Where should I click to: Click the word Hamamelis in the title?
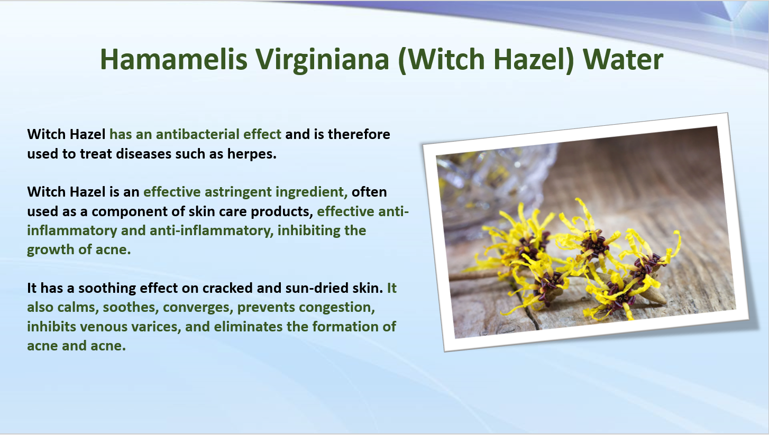click(173, 59)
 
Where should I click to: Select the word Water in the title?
click(622, 59)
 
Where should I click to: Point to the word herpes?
click(252, 154)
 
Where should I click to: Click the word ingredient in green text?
click(312, 192)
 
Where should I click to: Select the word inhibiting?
click(309, 230)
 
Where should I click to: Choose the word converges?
click(198, 308)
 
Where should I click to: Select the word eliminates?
click(248, 327)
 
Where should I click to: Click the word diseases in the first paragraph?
click(143, 154)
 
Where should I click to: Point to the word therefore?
click(359, 134)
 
